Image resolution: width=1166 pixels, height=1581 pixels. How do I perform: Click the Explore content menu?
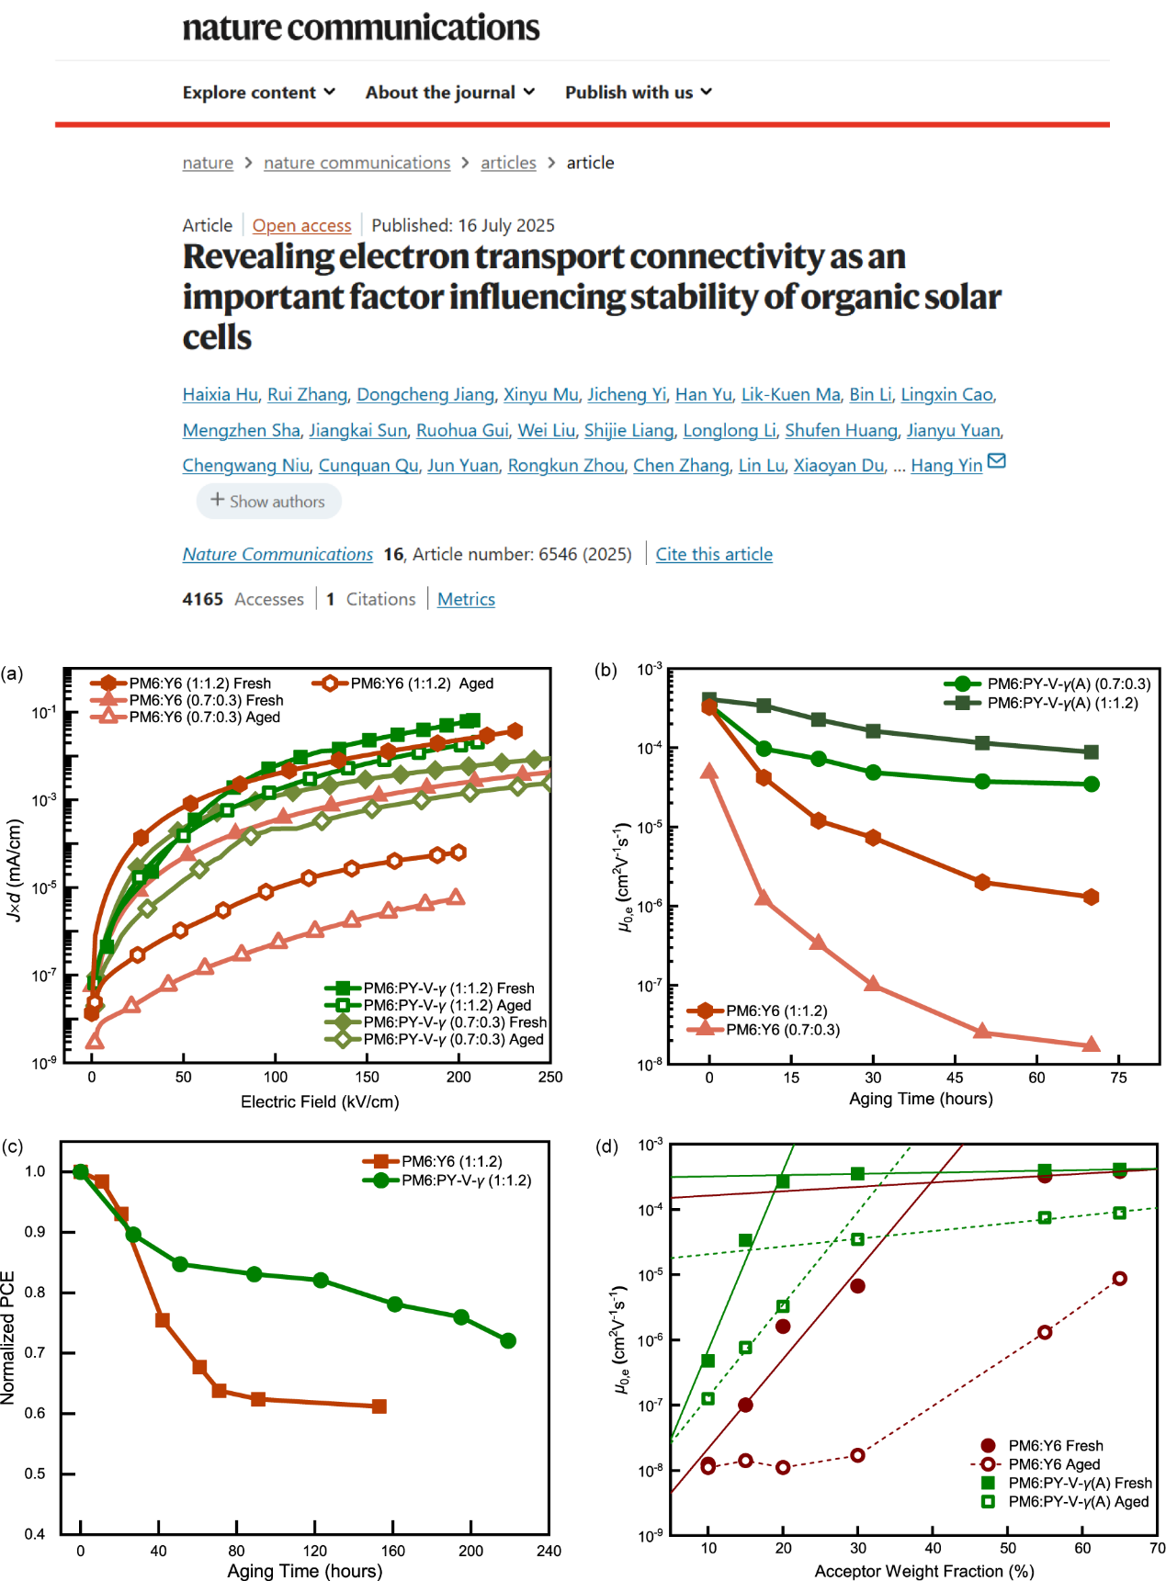click(258, 93)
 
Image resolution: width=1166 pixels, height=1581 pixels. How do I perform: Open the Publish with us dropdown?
click(638, 93)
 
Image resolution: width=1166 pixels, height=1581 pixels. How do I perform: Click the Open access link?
click(301, 226)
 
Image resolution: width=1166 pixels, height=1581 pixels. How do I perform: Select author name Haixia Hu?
click(220, 395)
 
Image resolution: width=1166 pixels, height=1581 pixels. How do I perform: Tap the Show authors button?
click(268, 502)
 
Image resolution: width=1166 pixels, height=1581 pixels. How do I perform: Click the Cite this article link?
click(713, 555)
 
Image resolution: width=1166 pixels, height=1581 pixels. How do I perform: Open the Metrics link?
click(466, 600)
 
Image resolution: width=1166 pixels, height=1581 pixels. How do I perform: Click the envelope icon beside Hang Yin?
click(996, 461)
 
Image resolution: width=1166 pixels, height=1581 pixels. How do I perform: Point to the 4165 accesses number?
click(203, 600)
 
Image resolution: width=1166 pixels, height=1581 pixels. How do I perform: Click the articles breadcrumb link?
click(508, 164)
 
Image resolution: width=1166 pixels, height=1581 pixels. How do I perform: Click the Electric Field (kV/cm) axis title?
click(320, 1102)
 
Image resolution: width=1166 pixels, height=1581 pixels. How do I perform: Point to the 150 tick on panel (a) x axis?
click(367, 1078)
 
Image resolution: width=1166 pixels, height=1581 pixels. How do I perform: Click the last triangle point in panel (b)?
click(1091, 1045)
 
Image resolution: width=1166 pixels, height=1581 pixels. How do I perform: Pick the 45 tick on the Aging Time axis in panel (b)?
click(955, 1078)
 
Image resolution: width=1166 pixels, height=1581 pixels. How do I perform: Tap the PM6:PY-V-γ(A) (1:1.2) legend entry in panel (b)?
click(1061, 704)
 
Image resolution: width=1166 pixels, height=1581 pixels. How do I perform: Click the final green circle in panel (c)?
click(508, 1341)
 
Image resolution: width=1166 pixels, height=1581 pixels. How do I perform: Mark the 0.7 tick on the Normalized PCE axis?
click(35, 1353)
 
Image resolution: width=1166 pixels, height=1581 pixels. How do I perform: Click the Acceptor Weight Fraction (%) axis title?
click(924, 1572)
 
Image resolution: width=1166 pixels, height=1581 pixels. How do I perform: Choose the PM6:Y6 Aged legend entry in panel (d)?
click(1054, 1464)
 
